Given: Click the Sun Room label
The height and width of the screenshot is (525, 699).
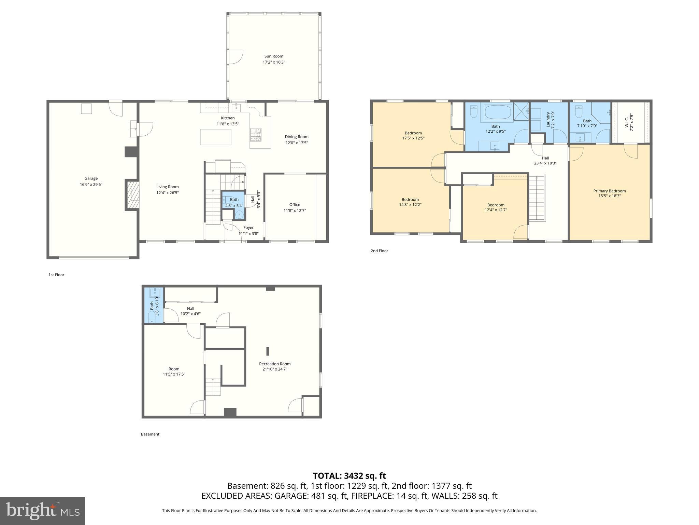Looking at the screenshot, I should click(x=274, y=56).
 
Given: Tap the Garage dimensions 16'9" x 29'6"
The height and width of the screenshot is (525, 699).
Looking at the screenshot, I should click(x=91, y=185).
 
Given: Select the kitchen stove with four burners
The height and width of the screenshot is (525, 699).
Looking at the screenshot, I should click(x=256, y=134).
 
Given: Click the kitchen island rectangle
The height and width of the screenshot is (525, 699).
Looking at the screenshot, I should click(x=215, y=137).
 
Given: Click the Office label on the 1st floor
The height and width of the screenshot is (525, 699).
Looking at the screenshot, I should click(x=295, y=205).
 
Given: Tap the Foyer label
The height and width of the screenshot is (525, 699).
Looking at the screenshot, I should click(x=248, y=228).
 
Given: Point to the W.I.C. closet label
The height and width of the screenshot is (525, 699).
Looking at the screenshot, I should click(x=627, y=123).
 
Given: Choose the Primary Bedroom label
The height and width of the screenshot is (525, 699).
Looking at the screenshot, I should click(x=609, y=191).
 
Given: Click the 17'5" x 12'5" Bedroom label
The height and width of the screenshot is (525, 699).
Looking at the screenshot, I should click(x=413, y=133).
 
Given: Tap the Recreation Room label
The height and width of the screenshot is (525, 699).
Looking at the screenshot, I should click(x=275, y=364).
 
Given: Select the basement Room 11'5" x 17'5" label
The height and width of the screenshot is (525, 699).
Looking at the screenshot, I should click(x=174, y=369).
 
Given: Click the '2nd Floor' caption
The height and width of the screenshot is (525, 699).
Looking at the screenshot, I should click(x=379, y=251).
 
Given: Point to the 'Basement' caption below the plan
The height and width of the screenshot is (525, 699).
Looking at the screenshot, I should click(x=150, y=434).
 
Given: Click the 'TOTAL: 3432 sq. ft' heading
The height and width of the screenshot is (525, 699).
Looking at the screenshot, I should click(x=349, y=476).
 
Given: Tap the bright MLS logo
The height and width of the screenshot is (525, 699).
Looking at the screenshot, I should click(x=43, y=511).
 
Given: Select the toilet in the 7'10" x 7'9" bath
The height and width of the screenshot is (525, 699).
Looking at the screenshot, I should click(x=578, y=111).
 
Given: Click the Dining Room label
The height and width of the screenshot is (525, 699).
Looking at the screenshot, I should click(x=297, y=137).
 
